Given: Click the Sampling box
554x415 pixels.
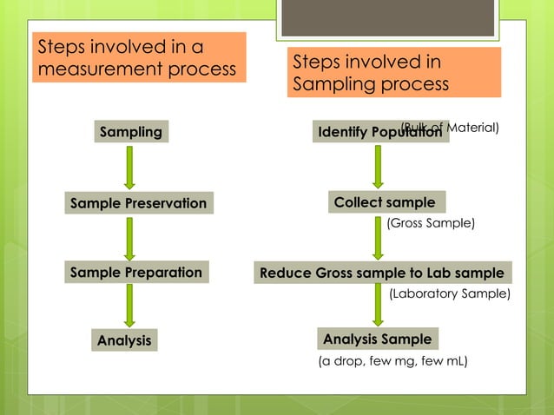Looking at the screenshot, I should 131,132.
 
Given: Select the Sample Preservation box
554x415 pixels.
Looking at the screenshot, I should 139,203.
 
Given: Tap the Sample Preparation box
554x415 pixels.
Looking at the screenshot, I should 136,273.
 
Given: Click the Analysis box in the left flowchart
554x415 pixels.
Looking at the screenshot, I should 124,340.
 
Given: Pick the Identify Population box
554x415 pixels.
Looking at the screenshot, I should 379,133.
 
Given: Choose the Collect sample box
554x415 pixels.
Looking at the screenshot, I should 386,202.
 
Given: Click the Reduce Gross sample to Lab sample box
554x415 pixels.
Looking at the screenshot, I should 382,273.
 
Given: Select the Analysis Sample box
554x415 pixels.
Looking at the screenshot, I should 376,338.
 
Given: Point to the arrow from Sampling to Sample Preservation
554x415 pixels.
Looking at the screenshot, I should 129,168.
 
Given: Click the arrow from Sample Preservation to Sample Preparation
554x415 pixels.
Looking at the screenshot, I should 129,238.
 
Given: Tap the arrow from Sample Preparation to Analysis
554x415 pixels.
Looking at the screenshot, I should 129,306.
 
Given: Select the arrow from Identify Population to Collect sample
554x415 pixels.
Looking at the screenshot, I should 378,166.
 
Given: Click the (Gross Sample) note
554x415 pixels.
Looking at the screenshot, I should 431,223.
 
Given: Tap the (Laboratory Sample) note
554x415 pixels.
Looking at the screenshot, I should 449,293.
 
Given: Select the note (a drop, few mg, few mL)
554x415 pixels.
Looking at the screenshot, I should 393,360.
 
